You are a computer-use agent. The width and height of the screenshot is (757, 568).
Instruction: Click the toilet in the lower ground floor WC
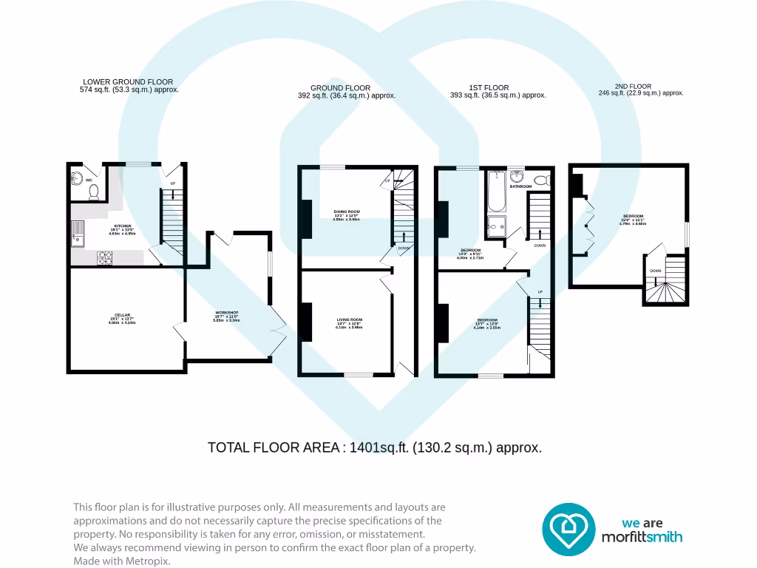point(94,193)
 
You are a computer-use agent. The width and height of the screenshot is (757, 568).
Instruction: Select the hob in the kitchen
point(105,258)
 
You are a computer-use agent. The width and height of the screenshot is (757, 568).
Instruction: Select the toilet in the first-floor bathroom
point(542,180)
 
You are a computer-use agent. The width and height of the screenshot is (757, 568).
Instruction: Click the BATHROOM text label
point(520,186)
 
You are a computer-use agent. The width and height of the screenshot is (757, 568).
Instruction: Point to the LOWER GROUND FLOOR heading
point(128,82)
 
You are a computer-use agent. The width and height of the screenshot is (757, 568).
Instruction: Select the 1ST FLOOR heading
point(489,87)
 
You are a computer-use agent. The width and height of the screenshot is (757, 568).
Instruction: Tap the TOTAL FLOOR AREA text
point(375,447)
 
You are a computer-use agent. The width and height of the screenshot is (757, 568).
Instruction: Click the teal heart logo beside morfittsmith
point(568,530)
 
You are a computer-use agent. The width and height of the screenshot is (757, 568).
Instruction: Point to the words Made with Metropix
point(122,561)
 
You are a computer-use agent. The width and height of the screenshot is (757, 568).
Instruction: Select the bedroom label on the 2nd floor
point(632,217)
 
